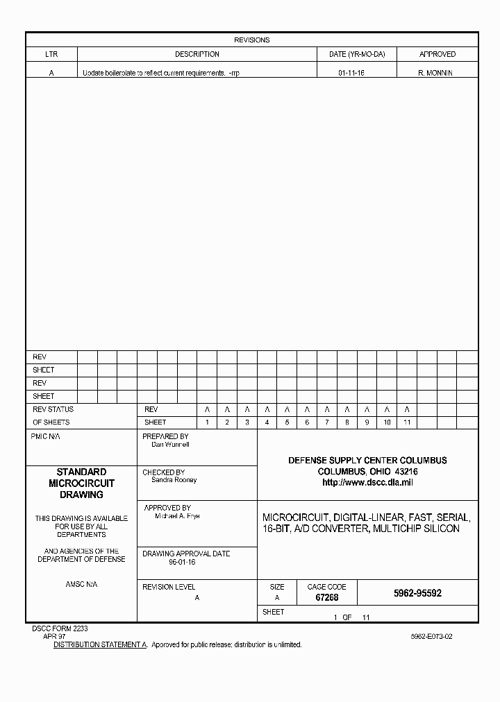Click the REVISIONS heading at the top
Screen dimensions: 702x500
251,40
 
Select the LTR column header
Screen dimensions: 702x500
51,54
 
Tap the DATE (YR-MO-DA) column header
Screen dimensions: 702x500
357,54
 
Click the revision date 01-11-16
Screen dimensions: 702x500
351,73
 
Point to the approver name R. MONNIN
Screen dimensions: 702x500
435,73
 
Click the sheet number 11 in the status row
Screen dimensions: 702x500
407,422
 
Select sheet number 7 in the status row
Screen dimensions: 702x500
327,422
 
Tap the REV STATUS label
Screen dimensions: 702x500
53,409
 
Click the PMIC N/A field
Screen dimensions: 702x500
46,437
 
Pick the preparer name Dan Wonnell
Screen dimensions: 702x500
170,445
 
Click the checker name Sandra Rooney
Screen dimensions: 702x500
174,480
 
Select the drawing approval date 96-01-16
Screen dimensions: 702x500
182,563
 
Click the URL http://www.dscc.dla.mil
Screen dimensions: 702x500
367,483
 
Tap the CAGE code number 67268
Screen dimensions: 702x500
326,597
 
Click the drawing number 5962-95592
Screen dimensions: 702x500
417,594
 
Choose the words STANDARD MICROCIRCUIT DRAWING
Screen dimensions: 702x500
81,483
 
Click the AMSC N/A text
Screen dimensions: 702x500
81,585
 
